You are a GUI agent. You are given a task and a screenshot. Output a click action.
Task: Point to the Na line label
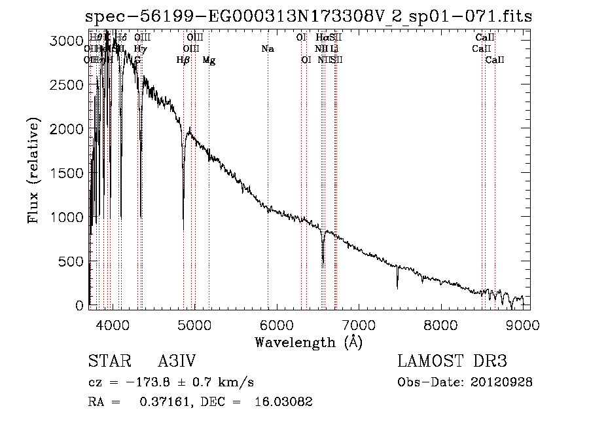(x=267, y=49)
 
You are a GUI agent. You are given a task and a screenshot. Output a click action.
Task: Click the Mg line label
(x=209, y=60)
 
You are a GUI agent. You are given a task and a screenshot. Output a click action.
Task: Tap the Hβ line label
(x=183, y=60)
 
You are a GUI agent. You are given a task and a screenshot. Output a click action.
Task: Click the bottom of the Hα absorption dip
(x=323, y=266)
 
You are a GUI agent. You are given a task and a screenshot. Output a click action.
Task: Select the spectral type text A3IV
(x=177, y=361)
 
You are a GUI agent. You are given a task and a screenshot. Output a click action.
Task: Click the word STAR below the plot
(x=108, y=361)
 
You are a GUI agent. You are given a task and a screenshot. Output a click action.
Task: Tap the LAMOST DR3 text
(x=452, y=361)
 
